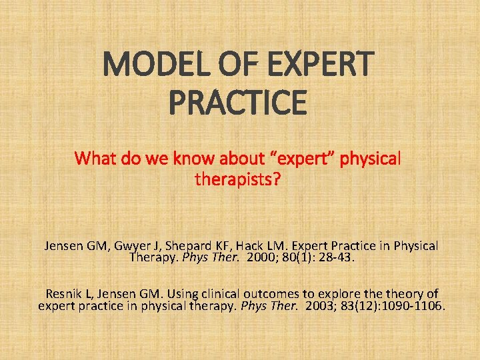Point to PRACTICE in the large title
click(x=238, y=103)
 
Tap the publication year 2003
click(x=321, y=306)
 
